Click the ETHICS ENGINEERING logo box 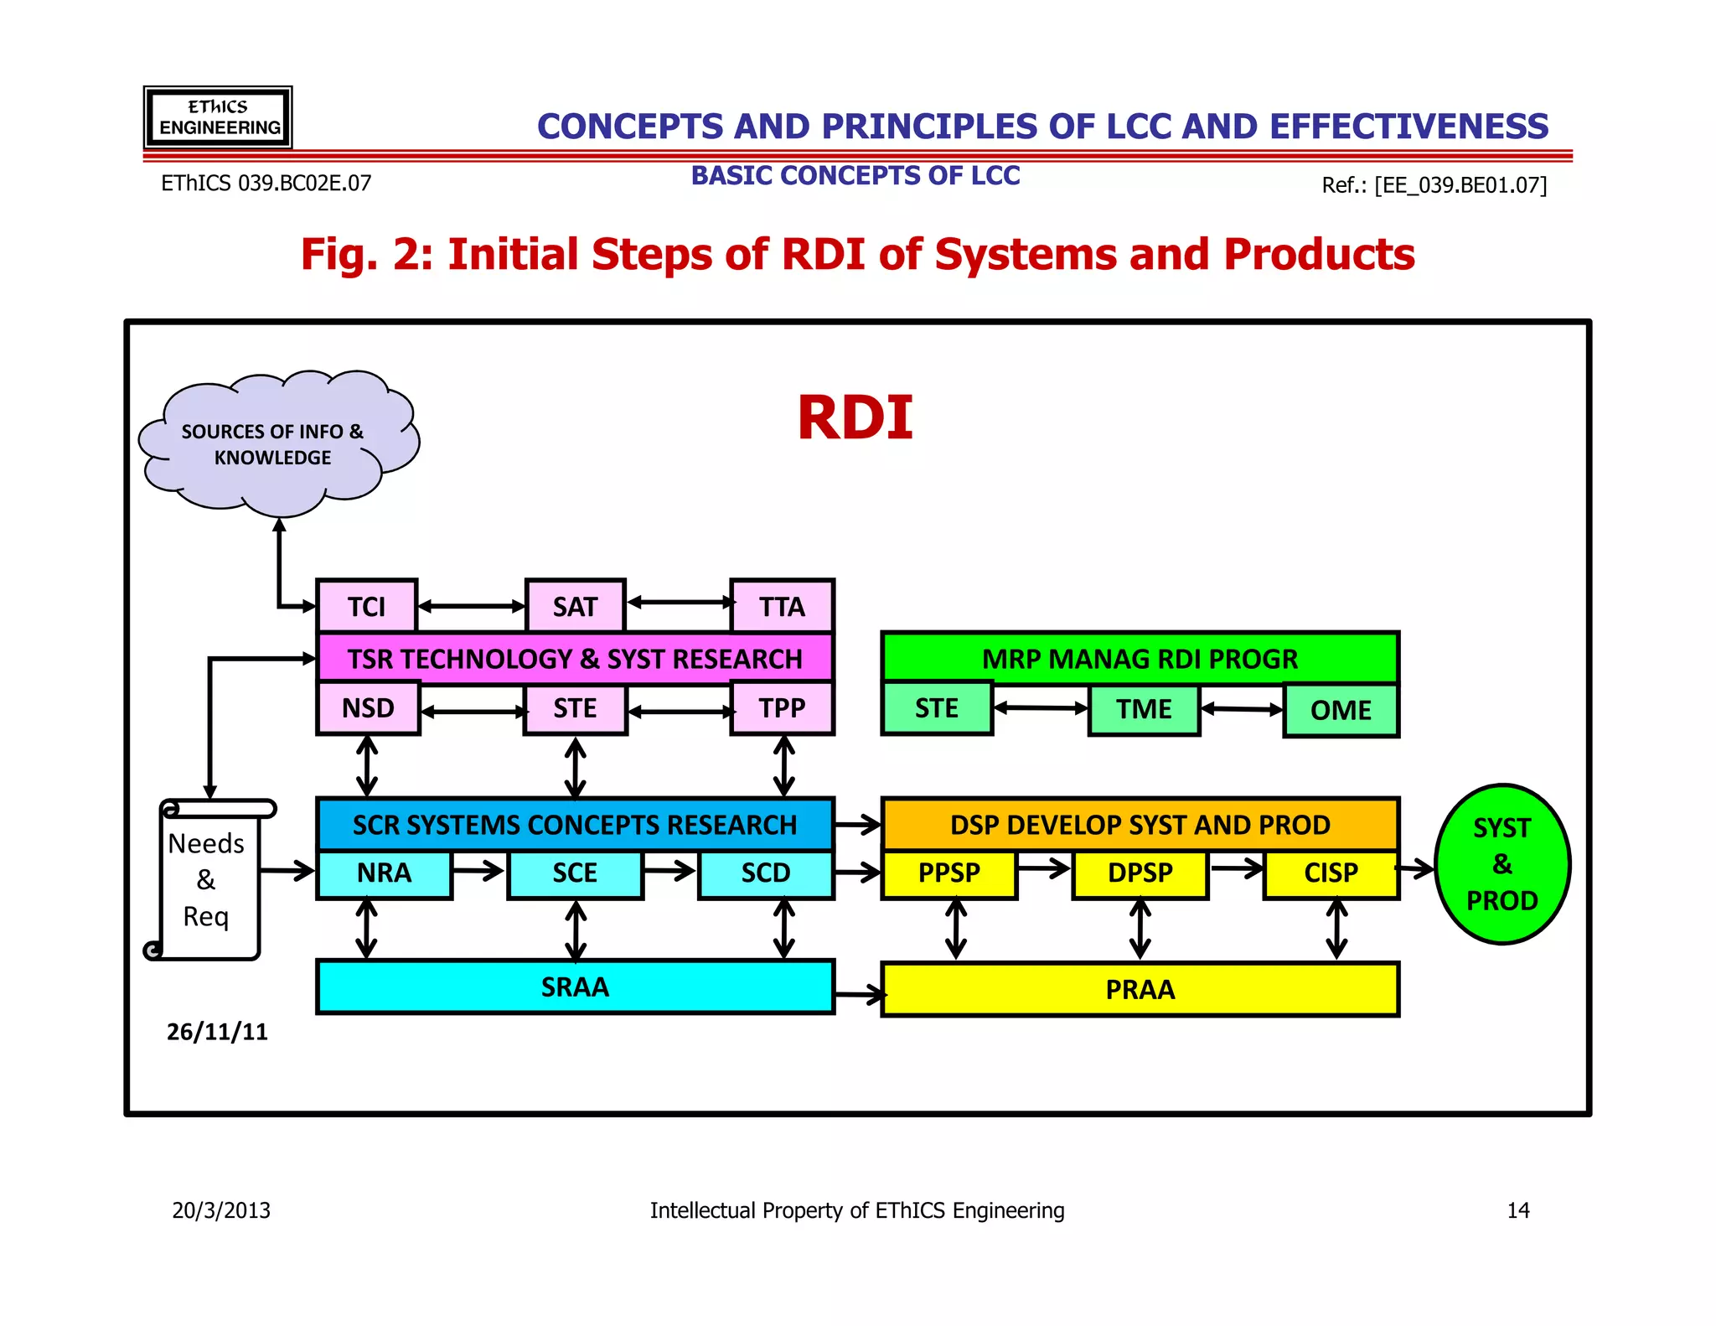(x=218, y=117)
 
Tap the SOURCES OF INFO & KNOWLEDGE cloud (x=272, y=444)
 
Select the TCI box (x=367, y=606)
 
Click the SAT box (x=575, y=606)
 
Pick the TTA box (x=782, y=606)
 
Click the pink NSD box (x=368, y=708)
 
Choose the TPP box (x=782, y=708)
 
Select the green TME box (x=1144, y=709)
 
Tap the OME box (x=1341, y=710)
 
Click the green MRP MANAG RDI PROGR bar (x=1140, y=658)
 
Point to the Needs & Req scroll (x=207, y=880)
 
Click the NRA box (x=384, y=873)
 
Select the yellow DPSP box (x=1140, y=873)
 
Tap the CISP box (x=1331, y=873)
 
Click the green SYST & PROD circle (x=1501, y=864)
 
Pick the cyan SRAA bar (x=575, y=987)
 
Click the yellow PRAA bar (x=1140, y=990)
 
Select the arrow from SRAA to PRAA (x=860, y=995)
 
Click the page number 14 (x=1517, y=1210)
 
